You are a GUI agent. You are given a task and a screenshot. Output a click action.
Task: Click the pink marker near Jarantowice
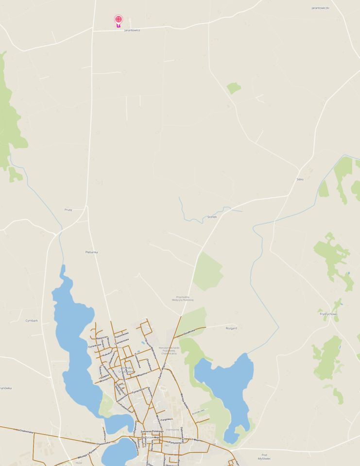tap(119, 20)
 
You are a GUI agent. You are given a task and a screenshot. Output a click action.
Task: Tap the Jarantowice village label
tap(132, 30)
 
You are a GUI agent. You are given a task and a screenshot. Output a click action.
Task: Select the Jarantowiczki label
tap(320, 8)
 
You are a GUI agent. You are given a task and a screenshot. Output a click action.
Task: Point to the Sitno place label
tap(300, 180)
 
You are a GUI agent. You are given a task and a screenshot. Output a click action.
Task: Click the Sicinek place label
tap(212, 216)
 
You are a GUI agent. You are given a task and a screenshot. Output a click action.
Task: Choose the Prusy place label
tap(68, 210)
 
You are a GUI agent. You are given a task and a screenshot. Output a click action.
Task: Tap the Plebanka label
tap(91, 252)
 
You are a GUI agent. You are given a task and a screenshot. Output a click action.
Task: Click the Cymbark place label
tap(32, 320)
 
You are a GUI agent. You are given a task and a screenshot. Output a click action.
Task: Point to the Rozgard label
tap(231, 328)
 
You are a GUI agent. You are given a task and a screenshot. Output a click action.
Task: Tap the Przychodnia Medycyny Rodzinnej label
tap(183, 299)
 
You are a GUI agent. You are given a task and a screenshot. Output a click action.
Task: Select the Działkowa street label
tap(185, 333)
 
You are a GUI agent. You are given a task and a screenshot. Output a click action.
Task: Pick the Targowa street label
tap(168, 418)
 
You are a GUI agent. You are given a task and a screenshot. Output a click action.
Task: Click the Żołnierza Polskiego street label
tap(152, 431)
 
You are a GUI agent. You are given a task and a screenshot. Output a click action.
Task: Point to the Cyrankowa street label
tap(95, 346)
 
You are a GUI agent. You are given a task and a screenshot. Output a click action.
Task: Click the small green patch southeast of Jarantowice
tap(234, 88)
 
